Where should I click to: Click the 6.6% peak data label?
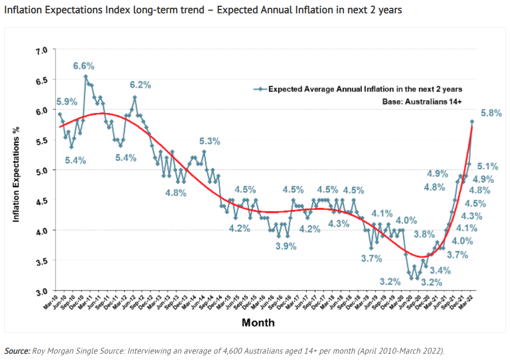pos(84,66)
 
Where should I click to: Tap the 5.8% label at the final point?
pos(491,113)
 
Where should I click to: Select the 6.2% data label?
pos(141,85)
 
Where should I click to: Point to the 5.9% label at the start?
pos(67,102)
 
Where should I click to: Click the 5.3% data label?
pos(210,141)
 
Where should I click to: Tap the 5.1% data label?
pos(487,167)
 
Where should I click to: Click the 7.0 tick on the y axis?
pos(41,50)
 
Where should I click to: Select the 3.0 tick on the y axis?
pos(41,291)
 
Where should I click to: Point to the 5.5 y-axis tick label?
pos(41,141)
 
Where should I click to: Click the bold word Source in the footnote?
pos(16,350)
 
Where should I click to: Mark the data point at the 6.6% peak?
pos(85,76)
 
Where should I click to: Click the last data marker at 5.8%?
pos(472,121)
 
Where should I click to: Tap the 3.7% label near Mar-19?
pos(371,258)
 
